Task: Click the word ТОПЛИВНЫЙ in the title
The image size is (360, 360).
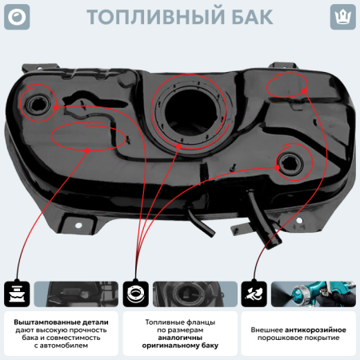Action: point(150,17)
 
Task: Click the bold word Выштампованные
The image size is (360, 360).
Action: point(44,320)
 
